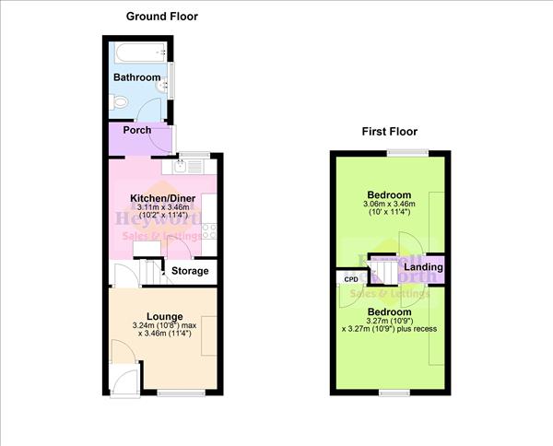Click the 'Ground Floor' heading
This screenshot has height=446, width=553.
pos(162,17)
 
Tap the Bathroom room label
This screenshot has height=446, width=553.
pos(137,78)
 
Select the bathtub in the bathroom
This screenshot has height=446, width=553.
pos(137,51)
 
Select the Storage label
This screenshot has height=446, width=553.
pos(192,272)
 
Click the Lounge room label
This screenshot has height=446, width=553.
pos(164,317)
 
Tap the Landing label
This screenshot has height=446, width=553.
pos(422,268)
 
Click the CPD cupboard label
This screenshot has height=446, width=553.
pos(350,278)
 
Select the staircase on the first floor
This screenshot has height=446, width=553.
pos(382,271)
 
